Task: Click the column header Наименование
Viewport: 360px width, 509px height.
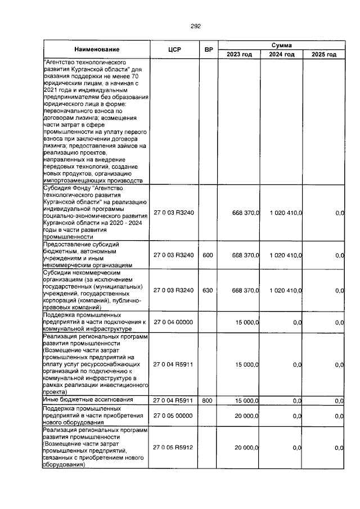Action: (x=96, y=49)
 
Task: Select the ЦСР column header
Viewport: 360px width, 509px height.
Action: (x=174, y=49)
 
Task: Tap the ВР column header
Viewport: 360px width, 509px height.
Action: (x=208, y=49)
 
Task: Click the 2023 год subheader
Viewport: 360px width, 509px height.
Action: (x=239, y=55)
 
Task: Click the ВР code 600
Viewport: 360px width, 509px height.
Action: (x=208, y=255)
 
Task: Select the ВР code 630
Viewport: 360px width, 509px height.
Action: (x=208, y=290)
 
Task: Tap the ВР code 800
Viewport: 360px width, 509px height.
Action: (x=208, y=400)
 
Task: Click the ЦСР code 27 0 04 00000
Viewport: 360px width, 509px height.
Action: (x=174, y=322)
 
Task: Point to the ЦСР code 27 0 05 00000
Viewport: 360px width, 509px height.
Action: (x=174, y=416)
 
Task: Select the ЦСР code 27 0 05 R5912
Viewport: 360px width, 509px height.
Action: (x=174, y=448)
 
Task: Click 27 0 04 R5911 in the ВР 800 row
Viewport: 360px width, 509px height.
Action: (x=174, y=400)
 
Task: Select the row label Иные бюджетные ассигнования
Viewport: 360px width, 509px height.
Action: (x=84, y=399)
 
